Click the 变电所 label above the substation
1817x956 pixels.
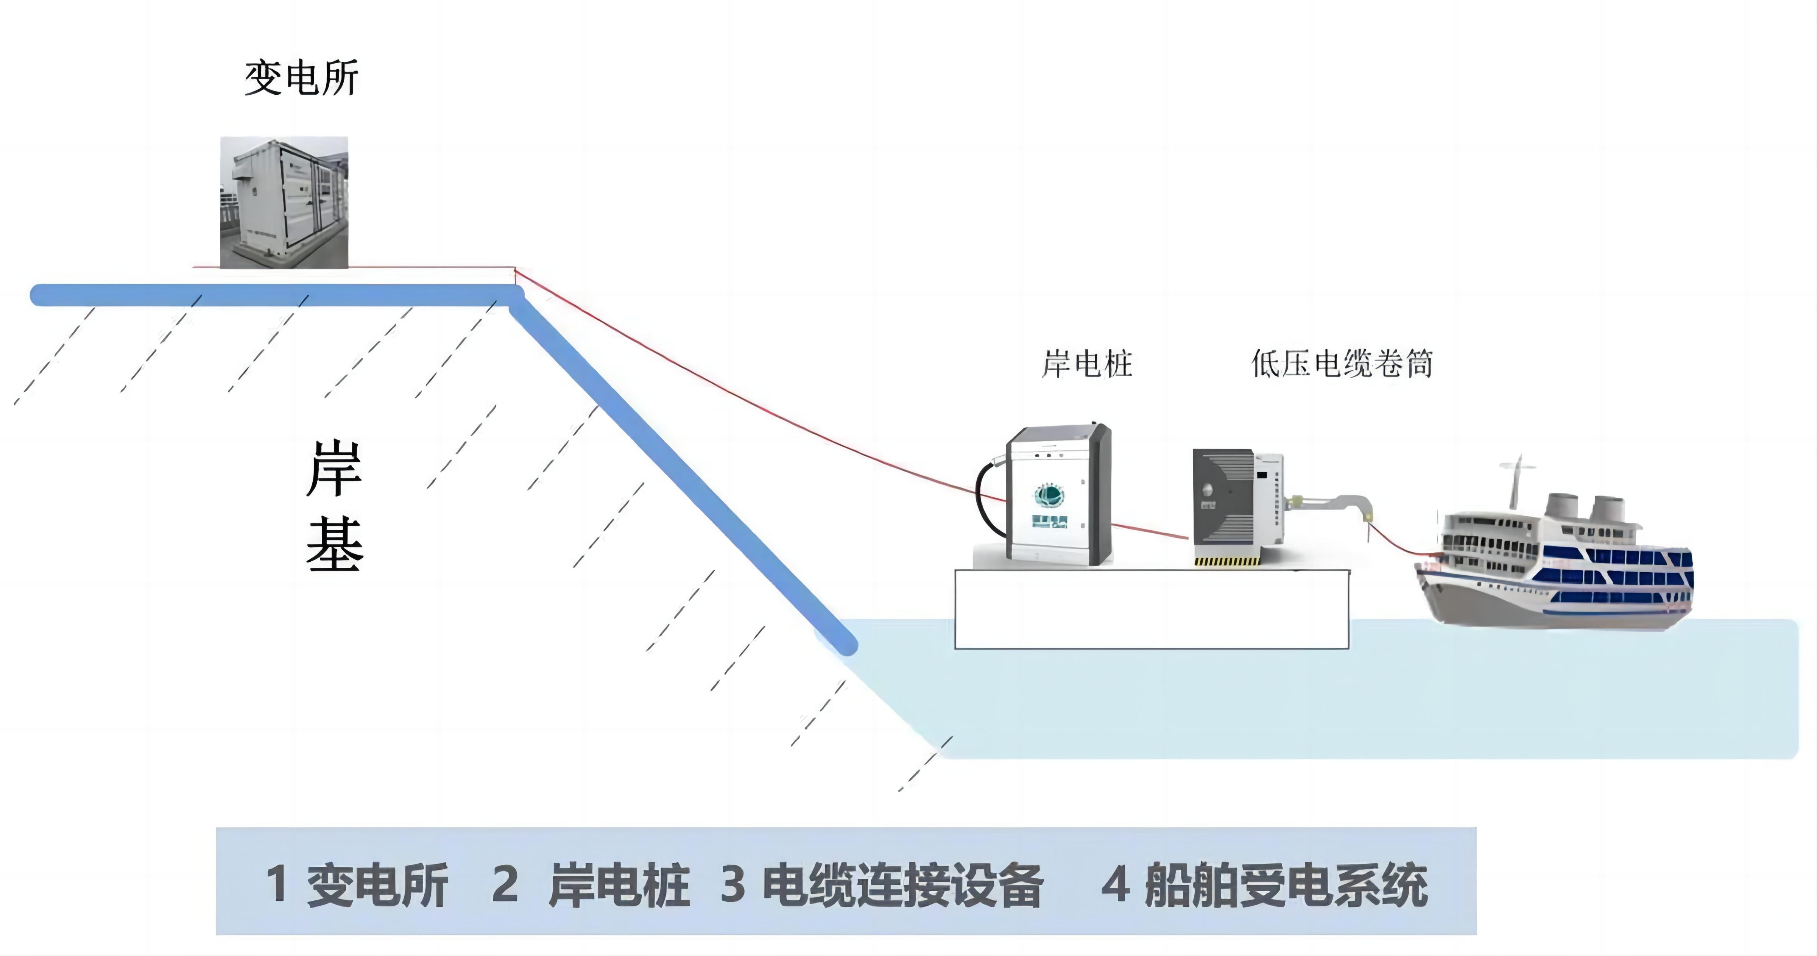[x=301, y=78]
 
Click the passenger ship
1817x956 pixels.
[x=1559, y=564]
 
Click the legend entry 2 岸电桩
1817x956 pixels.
[x=591, y=884]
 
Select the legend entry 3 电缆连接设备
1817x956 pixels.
[x=882, y=884]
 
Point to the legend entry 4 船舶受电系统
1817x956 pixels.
[x=1264, y=884]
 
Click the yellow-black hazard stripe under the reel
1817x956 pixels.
[x=1226, y=561]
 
